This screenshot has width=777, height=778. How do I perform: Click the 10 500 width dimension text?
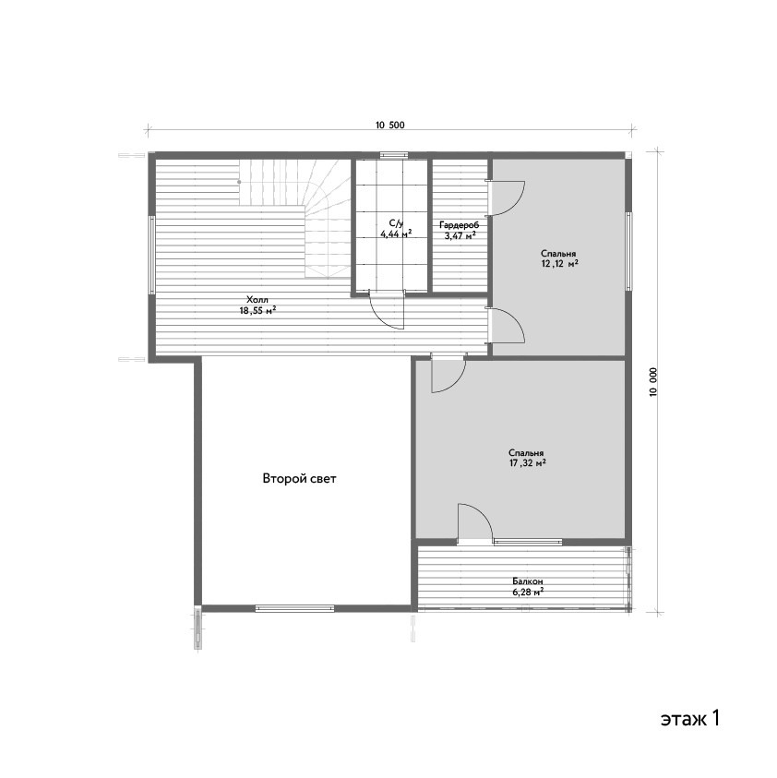(x=390, y=125)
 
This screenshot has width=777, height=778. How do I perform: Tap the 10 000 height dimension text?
(x=653, y=381)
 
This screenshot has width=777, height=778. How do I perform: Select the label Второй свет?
(x=299, y=479)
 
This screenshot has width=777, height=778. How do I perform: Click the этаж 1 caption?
(x=690, y=718)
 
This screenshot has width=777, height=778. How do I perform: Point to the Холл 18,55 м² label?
(x=257, y=305)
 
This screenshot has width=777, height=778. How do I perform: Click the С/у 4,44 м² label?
(x=396, y=228)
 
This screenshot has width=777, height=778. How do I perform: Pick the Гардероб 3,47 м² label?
(x=460, y=231)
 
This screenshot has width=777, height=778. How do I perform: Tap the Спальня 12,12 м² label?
(x=559, y=259)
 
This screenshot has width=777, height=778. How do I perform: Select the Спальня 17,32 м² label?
(x=527, y=458)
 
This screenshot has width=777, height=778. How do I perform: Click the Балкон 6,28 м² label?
(x=528, y=586)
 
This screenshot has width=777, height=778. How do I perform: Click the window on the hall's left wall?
(x=152, y=255)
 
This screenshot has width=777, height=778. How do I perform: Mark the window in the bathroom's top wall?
(x=394, y=155)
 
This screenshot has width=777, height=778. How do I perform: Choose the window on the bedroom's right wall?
(x=628, y=251)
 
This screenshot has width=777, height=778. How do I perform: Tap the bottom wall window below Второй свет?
(x=295, y=608)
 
